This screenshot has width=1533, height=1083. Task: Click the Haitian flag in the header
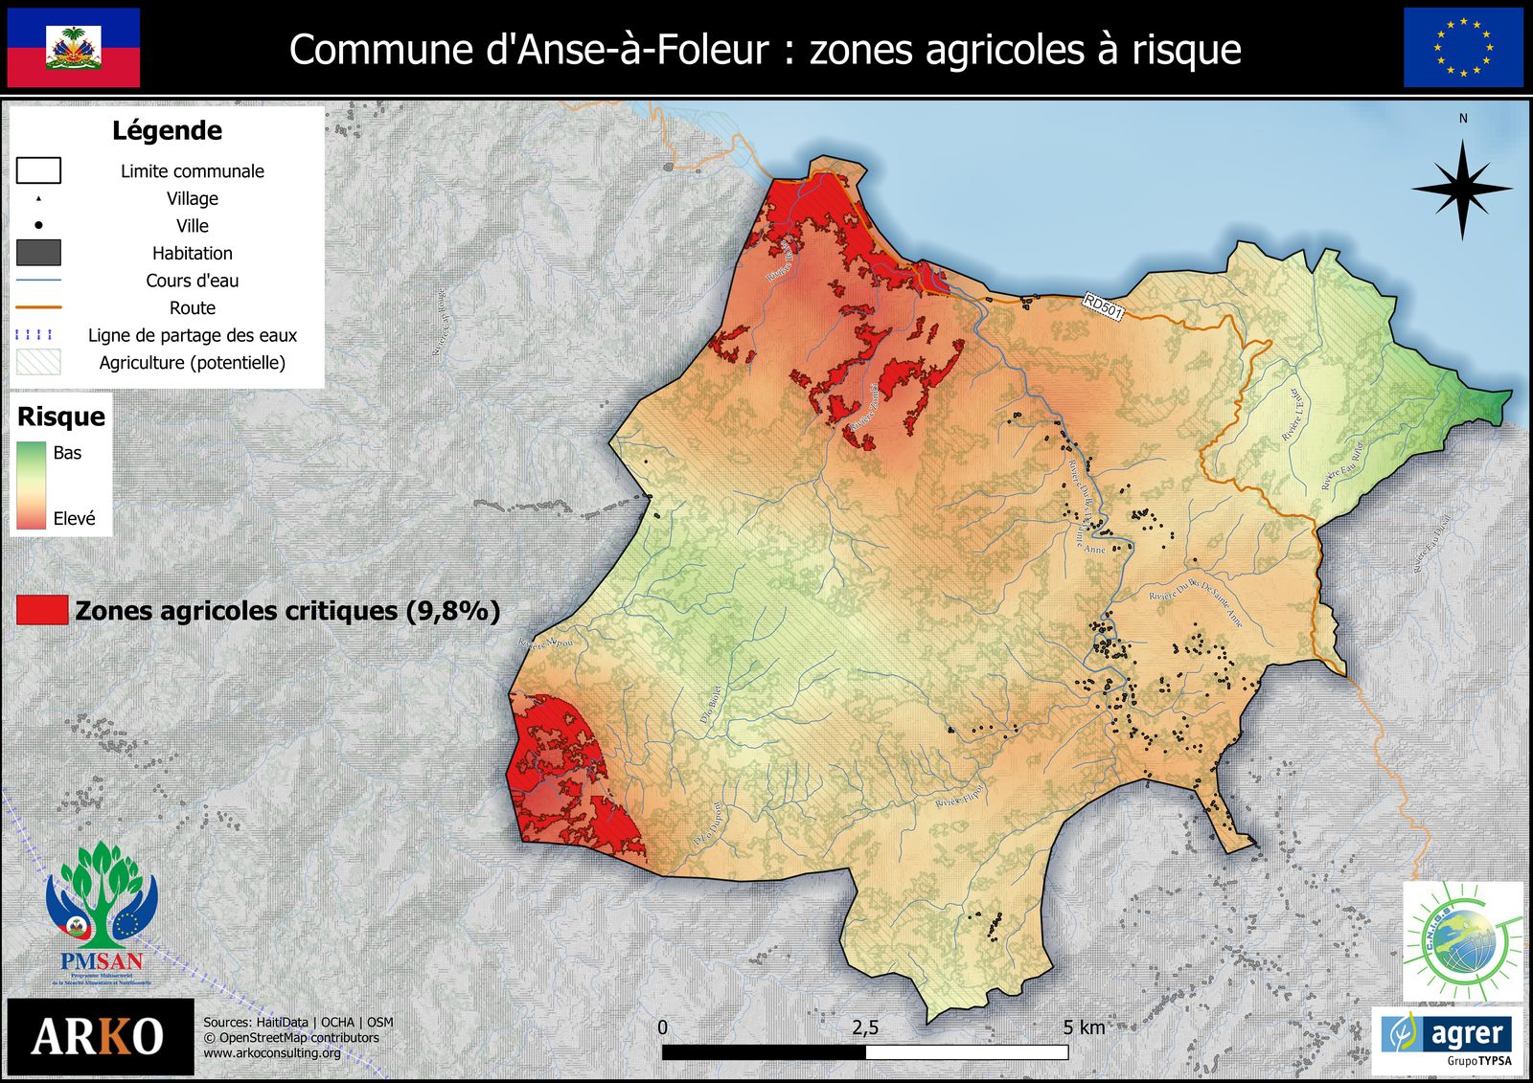(74, 48)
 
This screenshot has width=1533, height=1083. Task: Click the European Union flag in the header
(1463, 48)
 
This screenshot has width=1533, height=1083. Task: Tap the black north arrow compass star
(1462, 189)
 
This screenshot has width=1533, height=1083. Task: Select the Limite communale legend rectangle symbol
(38, 170)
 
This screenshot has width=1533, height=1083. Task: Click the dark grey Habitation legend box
(38, 253)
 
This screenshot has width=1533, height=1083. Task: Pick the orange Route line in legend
(38, 307)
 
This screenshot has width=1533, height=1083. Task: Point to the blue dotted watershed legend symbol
(34, 335)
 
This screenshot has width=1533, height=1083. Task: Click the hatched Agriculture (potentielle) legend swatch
(38, 362)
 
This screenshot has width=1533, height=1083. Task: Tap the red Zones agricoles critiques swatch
(42, 610)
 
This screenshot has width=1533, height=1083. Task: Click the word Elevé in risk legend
(74, 518)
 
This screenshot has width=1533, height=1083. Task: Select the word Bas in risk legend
(67, 452)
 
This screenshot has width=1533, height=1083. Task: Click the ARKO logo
(98, 1037)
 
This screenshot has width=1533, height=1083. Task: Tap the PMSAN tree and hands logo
(101, 910)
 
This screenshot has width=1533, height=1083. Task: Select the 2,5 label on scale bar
(864, 1027)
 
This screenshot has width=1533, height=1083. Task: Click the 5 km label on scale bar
(1084, 1027)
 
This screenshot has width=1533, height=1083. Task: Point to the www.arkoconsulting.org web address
(272, 1053)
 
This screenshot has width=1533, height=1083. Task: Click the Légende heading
(167, 130)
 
